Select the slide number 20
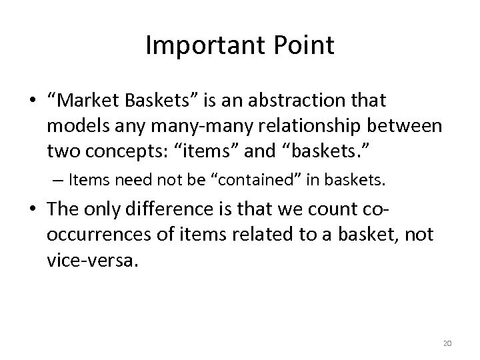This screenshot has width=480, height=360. (446, 343)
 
